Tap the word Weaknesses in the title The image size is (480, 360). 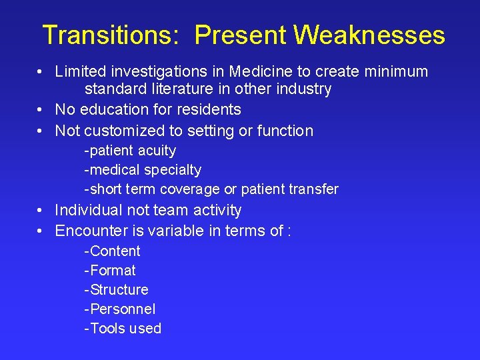[x=370, y=35]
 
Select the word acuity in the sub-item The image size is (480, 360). [x=157, y=151]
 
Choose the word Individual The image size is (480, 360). [x=87, y=210]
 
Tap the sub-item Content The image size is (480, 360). [x=115, y=251]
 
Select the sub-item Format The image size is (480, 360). [x=113, y=271]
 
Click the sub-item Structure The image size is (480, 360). [x=119, y=290]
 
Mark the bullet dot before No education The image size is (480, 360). [x=41, y=109]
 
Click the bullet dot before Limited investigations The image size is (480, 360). [x=41, y=71]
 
